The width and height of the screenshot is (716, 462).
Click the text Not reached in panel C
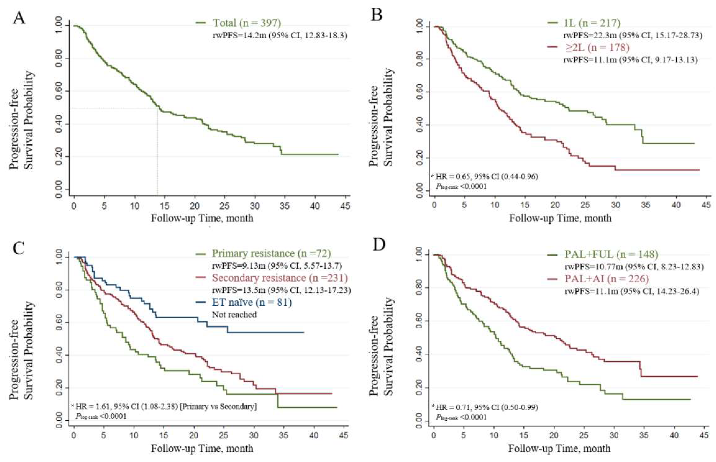(234, 315)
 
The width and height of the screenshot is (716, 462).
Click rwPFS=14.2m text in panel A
(280, 36)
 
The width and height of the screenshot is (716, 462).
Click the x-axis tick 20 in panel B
(555, 205)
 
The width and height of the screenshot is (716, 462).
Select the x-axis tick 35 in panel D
(644, 435)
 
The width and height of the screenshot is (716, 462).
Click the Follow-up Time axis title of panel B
(560, 218)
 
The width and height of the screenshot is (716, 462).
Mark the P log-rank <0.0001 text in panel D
(461, 417)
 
